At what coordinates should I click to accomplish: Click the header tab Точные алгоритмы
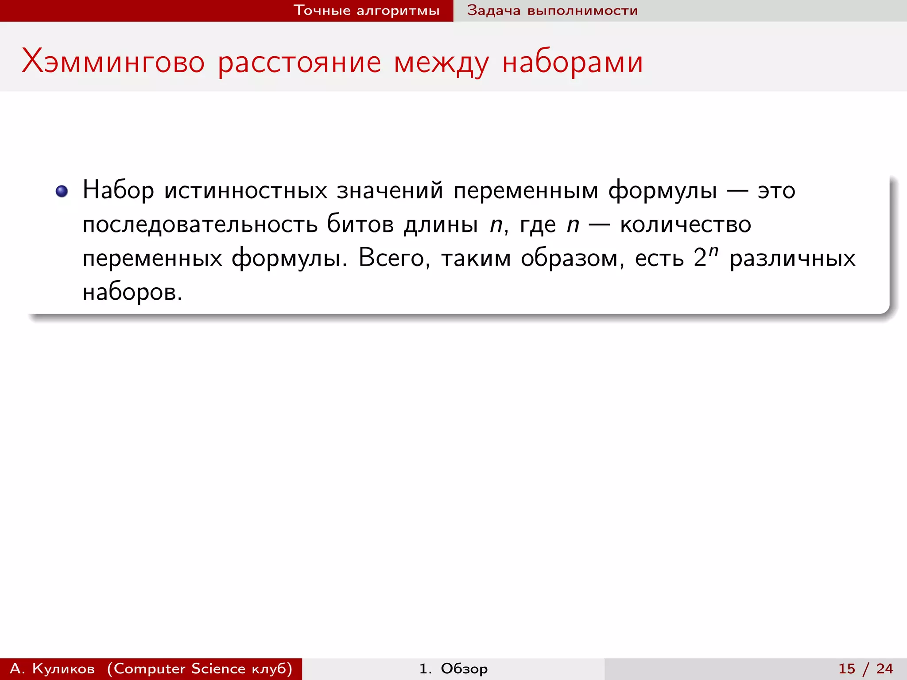click(x=366, y=11)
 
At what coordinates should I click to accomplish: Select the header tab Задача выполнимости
click(x=552, y=11)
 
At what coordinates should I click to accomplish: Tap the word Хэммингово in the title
click(x=113, y=62)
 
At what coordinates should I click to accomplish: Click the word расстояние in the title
click(x=299, y=62)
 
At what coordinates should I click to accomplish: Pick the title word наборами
click(x=572, y=62)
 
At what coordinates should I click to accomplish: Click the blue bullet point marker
click(x=62, y=191)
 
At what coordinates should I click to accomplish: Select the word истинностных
click(x=246, y=191)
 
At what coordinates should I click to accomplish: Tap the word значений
click(x=390, y=191)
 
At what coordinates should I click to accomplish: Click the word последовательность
click(x=200, y=224)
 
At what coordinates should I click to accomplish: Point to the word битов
click(x=360, y=224)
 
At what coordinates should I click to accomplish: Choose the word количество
click(x=685, y=224)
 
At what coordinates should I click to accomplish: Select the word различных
click(x=792, y=258)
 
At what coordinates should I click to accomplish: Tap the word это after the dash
click(x=776, y=191)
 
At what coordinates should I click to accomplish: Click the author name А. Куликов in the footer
click(x=52, y=668)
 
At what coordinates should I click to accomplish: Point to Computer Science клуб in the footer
click(x=200, y=668)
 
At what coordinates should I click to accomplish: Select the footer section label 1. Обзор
click(x=453, y=668)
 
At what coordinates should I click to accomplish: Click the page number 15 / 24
click(x=865, y=668)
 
